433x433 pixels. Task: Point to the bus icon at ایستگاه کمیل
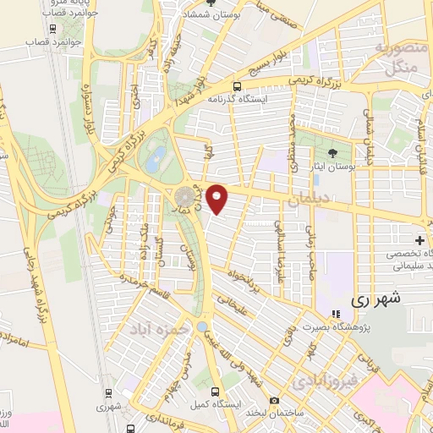(215, 392)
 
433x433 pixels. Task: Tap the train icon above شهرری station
(108, 392)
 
